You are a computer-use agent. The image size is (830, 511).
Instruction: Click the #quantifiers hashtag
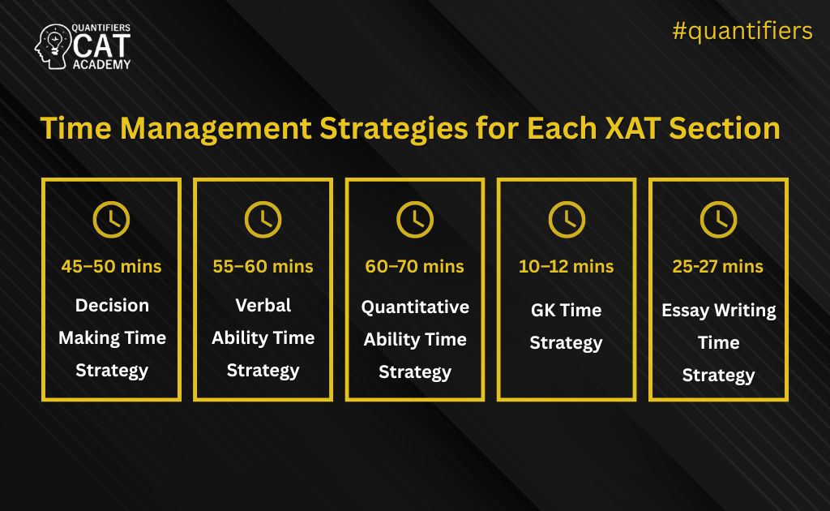[x=742, y=31]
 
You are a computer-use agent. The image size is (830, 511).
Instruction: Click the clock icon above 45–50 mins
[x=111, y=219]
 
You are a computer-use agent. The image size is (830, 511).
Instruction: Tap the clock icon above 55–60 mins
[x=263, y=219]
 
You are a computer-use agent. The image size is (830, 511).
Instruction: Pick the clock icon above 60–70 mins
[x=415, y=219]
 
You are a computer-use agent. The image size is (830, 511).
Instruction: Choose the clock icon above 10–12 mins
[x=567, y=219]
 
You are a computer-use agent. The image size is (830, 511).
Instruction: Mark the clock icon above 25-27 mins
[x=718, y=219]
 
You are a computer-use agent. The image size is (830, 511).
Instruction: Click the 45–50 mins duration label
[x=111, y=266]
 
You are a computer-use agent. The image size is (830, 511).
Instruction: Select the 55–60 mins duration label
[x=263, y=266]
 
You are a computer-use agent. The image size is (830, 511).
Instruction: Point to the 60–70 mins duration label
[x=415, y=266]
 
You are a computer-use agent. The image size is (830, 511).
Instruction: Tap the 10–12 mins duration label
[x=567, y=266]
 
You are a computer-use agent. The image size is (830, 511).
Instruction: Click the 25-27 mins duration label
[x=718, y=266]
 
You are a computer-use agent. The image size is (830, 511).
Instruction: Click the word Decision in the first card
[x=112, y=306]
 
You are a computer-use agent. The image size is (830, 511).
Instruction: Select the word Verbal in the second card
[x=263, y=306]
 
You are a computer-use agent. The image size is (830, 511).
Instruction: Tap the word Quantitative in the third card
[x=415, y=307]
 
